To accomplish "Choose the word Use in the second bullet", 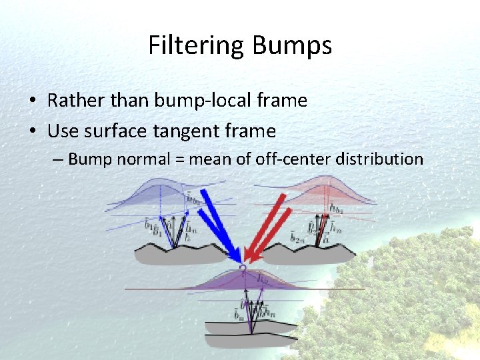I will click(x=62, y=131).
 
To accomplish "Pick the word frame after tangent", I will click(x=253, y=131).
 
